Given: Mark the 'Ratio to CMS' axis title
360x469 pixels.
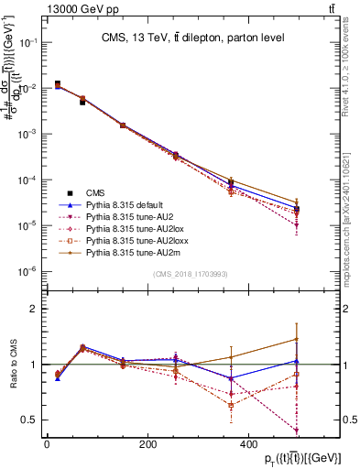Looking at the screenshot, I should tap(13, 365).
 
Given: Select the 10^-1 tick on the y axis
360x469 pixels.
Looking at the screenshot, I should tap(27, 42).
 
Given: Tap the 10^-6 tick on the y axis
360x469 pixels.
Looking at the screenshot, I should tap(27, 271).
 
